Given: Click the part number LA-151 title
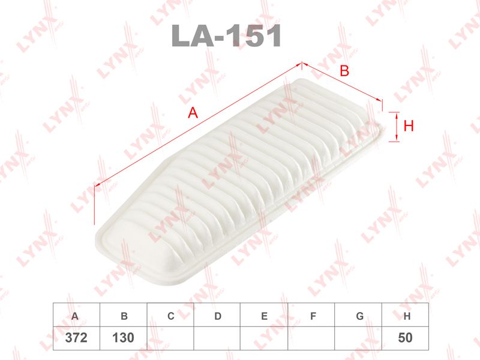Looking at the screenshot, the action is [x=226, y=35].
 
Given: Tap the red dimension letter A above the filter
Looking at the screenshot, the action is [x=193, y=113].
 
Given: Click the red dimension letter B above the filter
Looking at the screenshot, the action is [x=344, y=71].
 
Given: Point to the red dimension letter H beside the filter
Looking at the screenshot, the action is [x=409, y=126].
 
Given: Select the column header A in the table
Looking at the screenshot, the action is [x=74, y=316].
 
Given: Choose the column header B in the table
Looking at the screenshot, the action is [x=124, y=316].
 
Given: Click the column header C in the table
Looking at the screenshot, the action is [x=171, y=316].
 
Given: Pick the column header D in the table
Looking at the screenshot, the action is [x=218, y=316].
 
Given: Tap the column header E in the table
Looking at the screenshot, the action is [x=265, y=316].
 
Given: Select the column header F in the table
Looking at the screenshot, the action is [x=313, y=316].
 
